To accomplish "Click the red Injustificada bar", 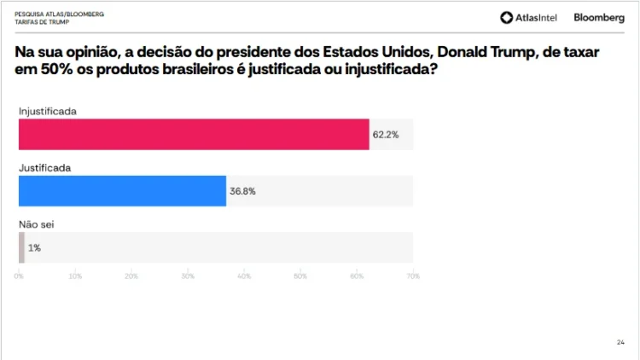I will (194, 135).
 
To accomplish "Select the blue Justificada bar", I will (122, 191).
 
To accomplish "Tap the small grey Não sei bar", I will (21, 247).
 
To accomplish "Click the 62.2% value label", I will (386, 135).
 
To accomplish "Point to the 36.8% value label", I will (242, 191).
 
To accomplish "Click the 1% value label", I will (34, 247).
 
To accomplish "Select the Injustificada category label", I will (48, 112).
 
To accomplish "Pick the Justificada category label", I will (44, 168).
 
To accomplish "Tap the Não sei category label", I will (37, 224).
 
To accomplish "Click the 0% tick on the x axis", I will (19, 276).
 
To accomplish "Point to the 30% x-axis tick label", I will (188, 276).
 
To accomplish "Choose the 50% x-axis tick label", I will (300, 276).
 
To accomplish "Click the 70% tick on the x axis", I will (413, 276).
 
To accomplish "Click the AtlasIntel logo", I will (529, 17).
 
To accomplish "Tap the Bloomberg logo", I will (599, 17).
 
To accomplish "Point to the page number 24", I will (620, 342).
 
